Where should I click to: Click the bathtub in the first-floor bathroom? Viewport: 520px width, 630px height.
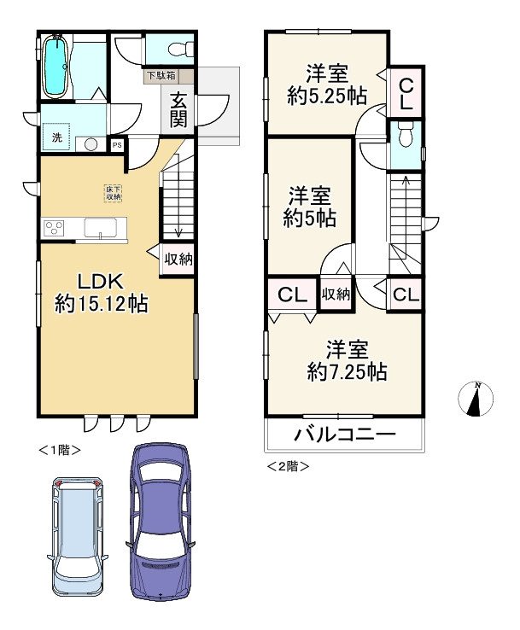pos(55,67)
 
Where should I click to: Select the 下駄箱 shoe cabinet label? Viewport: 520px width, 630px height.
pos(161,75)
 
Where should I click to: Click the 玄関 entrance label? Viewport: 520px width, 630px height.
pos(178,109)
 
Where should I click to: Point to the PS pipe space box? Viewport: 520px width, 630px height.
pos(117,145)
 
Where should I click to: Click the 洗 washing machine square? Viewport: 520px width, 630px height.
pos(56,137)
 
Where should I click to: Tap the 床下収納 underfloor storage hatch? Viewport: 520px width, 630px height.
pos(114,193)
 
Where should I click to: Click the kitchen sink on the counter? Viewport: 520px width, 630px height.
pos(101,227)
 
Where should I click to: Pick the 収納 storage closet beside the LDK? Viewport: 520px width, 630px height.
pos(178,260)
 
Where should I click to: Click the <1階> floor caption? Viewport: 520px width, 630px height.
pos(60,450)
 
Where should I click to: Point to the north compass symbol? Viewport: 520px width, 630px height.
pos(476,398)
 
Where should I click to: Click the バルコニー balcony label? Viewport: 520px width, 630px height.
pos(345,434)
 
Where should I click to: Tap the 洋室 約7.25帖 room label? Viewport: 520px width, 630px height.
pos(348,360)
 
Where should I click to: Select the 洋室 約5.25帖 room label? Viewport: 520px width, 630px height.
pos(327,85)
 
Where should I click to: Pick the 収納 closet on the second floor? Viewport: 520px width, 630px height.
pos(336,294)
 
